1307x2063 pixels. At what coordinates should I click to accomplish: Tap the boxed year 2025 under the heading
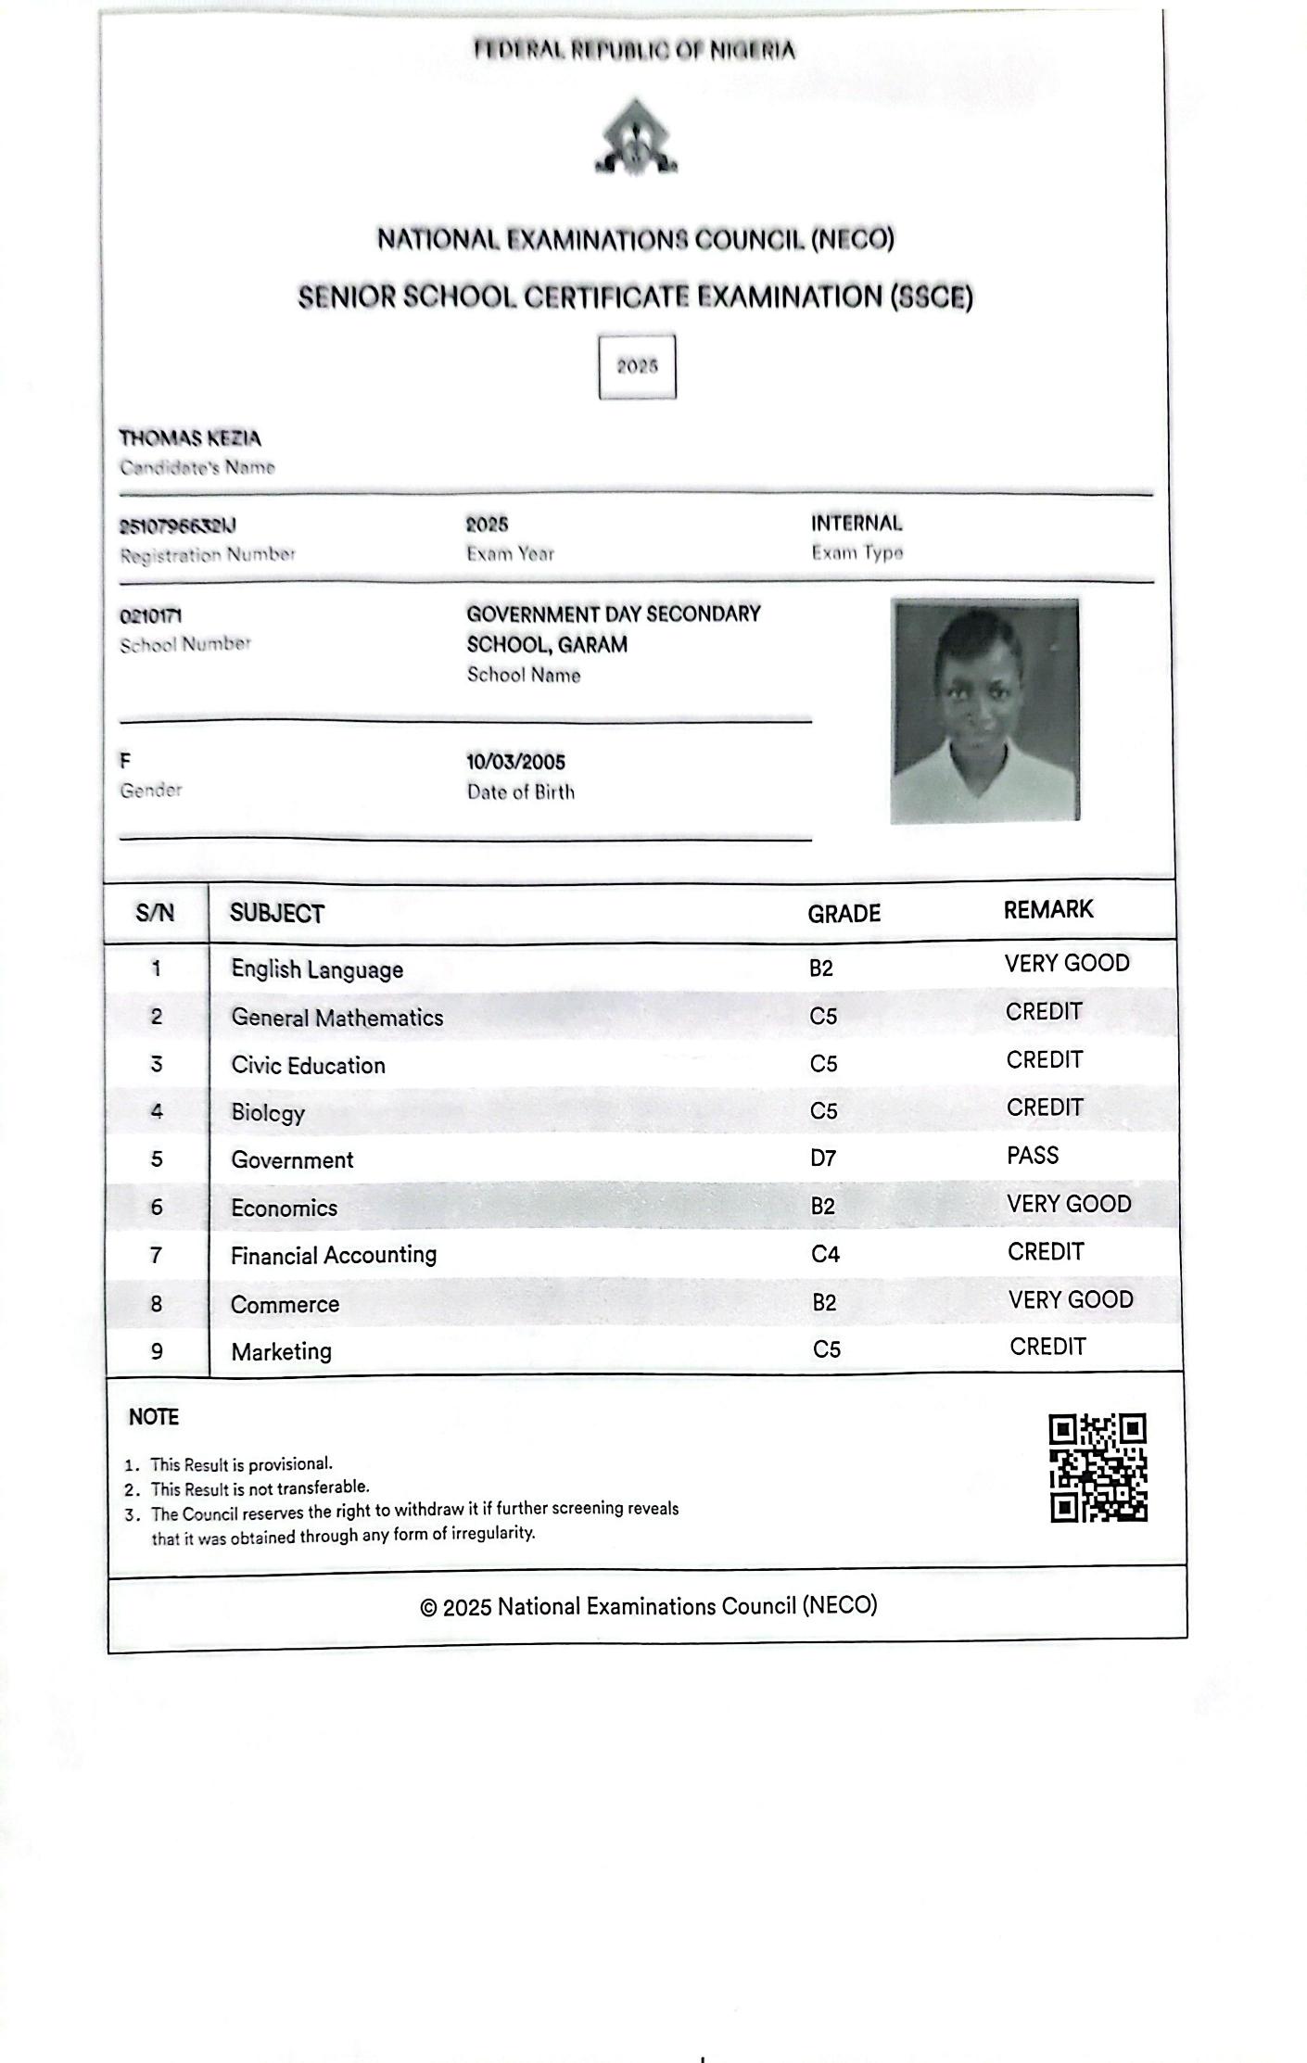637,367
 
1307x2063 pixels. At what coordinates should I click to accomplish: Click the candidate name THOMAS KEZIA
190,438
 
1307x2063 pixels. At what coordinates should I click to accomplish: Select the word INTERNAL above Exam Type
857,524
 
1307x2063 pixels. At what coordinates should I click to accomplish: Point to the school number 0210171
150,616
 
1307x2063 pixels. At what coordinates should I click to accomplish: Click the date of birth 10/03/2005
515,762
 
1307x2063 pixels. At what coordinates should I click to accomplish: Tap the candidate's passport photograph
984,711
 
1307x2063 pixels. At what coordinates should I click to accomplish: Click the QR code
1098,1467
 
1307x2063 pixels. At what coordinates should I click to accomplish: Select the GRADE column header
844,914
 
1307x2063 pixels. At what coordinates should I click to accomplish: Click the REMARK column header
1048,909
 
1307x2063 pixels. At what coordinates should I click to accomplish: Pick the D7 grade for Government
823,1158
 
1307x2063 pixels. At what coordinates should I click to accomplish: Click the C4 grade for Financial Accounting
825,1254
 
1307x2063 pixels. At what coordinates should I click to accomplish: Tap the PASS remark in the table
1033,1156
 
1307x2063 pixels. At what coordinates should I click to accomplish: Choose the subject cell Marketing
281,1351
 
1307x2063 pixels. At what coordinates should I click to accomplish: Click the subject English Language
317,969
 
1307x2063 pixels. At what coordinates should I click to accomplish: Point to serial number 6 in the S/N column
157,1207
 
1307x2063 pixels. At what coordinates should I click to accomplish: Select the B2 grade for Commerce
824,1302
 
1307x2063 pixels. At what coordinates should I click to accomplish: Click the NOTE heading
154,1417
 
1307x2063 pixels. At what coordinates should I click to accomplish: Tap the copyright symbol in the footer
428,1608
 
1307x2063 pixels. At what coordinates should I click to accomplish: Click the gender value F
125,761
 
